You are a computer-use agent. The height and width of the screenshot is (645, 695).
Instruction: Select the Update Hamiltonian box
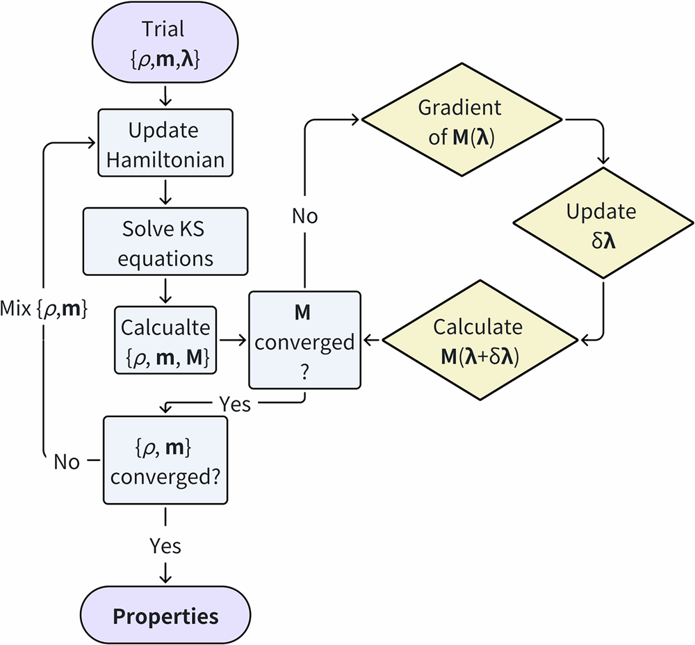(165, 145)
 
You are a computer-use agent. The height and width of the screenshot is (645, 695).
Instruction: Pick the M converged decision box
(304, 340)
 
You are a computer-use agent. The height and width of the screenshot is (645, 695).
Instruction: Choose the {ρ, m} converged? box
(165, 460)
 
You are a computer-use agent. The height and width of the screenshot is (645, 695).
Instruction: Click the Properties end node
(165, 616)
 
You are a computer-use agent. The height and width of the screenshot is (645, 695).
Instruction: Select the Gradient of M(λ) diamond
(460, 122)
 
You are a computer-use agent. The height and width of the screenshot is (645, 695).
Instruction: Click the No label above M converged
(304, 216)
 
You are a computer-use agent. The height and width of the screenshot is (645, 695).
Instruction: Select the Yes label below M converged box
(234, 404)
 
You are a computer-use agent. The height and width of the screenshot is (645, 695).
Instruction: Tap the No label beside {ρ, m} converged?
(67, 462)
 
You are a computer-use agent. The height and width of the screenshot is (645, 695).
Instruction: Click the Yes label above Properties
(165, 546)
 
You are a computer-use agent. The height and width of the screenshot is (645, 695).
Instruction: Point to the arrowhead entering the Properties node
(165, 577)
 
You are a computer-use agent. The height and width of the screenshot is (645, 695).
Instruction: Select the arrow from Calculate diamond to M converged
(372, 340)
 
